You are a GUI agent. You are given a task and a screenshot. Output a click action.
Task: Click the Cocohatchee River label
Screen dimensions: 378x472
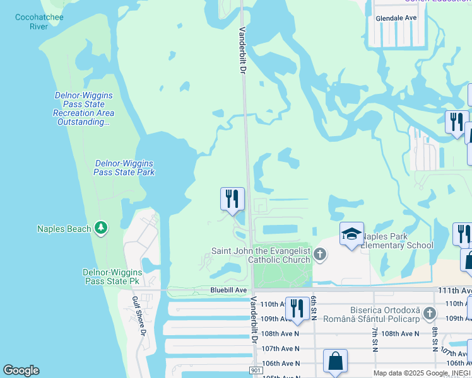click(x=38, y=21)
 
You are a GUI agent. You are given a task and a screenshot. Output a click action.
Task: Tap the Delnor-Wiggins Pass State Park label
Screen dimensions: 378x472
click(x=124, y=168)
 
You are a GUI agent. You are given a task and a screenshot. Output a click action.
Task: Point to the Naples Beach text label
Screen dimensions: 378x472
click(x=64, y=229)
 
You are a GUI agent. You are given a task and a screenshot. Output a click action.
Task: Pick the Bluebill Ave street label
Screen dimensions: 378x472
click(x=228, y=290)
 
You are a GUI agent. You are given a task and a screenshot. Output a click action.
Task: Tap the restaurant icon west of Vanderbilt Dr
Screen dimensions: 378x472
click(x=232, y=199)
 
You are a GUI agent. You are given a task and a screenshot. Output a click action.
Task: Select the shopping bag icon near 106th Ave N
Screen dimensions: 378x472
click(x=336, y=362)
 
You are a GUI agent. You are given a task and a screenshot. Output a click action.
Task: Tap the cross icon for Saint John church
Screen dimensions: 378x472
click(x=320, y=255)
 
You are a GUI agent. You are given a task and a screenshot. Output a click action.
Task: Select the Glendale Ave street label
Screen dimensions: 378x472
click(x=396, y=18)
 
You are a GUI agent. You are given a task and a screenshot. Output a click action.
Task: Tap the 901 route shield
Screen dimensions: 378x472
click(x=256, y=371)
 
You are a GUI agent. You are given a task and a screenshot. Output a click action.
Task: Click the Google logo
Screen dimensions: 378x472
click(x=21, y=370)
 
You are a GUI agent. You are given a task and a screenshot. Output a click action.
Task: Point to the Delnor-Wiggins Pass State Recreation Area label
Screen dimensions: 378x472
click(x=83, y=108)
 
